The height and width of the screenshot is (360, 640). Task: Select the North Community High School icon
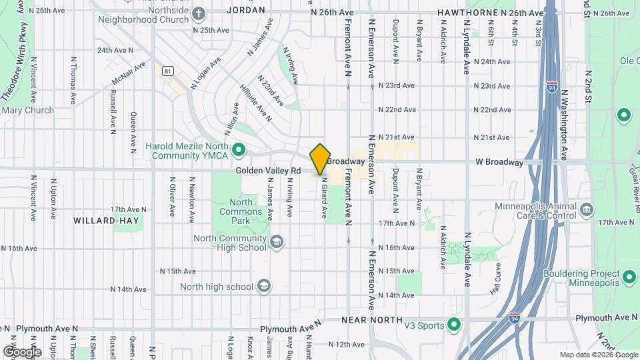pyautogui.click(x=277, y=241)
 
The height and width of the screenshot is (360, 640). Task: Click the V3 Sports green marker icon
pyautogui.click(x=455, y=325)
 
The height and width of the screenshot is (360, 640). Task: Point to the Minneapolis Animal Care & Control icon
pyautogui.click(x=587, y=209)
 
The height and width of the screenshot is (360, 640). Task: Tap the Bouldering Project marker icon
pyautogui.click(x=628, y=276)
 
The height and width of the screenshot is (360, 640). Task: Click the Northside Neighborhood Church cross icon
pyautogui.click(x=199, y=13)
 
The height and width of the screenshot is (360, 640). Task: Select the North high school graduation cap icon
pyautogui.click(x=264, y=287)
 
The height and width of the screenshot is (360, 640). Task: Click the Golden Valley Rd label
pyautogui.click(x=267, y=171)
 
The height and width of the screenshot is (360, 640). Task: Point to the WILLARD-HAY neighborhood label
pyautogui.click(x=99, y=220)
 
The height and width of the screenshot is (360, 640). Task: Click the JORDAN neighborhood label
pyautogui.click(x=246, y=11)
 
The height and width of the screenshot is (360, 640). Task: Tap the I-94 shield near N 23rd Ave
pyautogui.click(x=551, y=87)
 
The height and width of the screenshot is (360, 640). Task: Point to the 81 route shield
pyautogui.click(x=168, y=71)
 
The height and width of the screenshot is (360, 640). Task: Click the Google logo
pyautogui.click(x=22, y=351)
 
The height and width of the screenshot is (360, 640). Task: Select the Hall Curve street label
pyautogui.click(x=497, y=280)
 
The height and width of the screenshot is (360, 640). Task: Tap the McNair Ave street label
pyautogui.click(x=129, y=73)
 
